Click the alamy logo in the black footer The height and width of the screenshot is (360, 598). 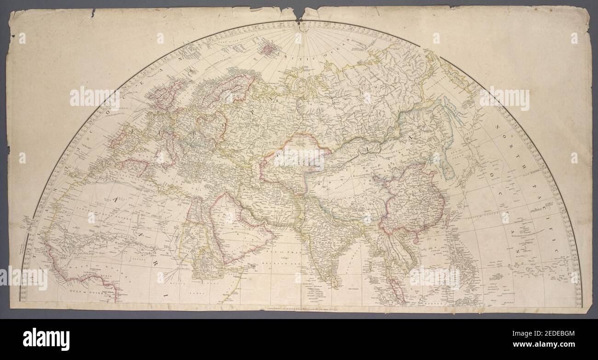(46, 339)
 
